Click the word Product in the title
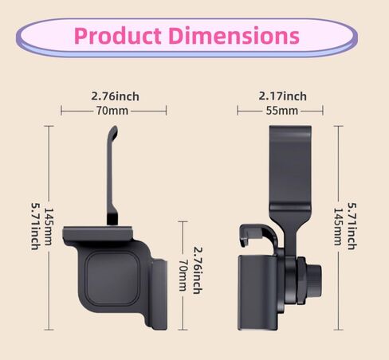[118, 36]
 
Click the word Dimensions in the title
[234, 36]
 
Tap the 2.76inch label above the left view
[115, 96]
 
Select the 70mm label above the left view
[112, 111]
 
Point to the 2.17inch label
[283, 96]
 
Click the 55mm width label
[282, 111]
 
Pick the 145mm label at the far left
[49, 226]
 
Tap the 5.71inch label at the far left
[35, 226]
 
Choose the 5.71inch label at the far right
[352, 226]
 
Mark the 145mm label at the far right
[338, 226]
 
